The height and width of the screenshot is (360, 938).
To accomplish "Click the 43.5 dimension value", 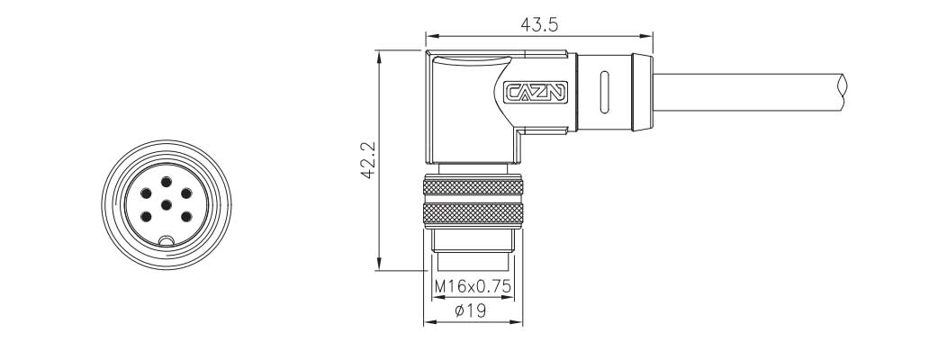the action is [x=539, y=24].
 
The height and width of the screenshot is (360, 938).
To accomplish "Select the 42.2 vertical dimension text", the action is [x=367, y=159].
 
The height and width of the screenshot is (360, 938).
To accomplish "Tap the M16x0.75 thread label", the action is [x=474, y=286].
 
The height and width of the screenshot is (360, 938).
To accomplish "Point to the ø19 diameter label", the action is [x=470, y=310].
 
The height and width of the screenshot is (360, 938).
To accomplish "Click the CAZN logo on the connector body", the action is [x=536, y=93].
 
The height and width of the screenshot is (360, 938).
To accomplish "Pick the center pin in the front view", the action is [x=167, y=205].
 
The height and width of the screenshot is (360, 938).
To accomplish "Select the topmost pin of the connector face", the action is [x=167, y=182].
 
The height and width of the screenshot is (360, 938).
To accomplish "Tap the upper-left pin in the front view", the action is [x=146, y=193].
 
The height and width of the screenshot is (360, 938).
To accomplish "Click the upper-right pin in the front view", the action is [x=186, y=193].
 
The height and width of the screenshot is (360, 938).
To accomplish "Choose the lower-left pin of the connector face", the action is [x=146, y=217].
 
